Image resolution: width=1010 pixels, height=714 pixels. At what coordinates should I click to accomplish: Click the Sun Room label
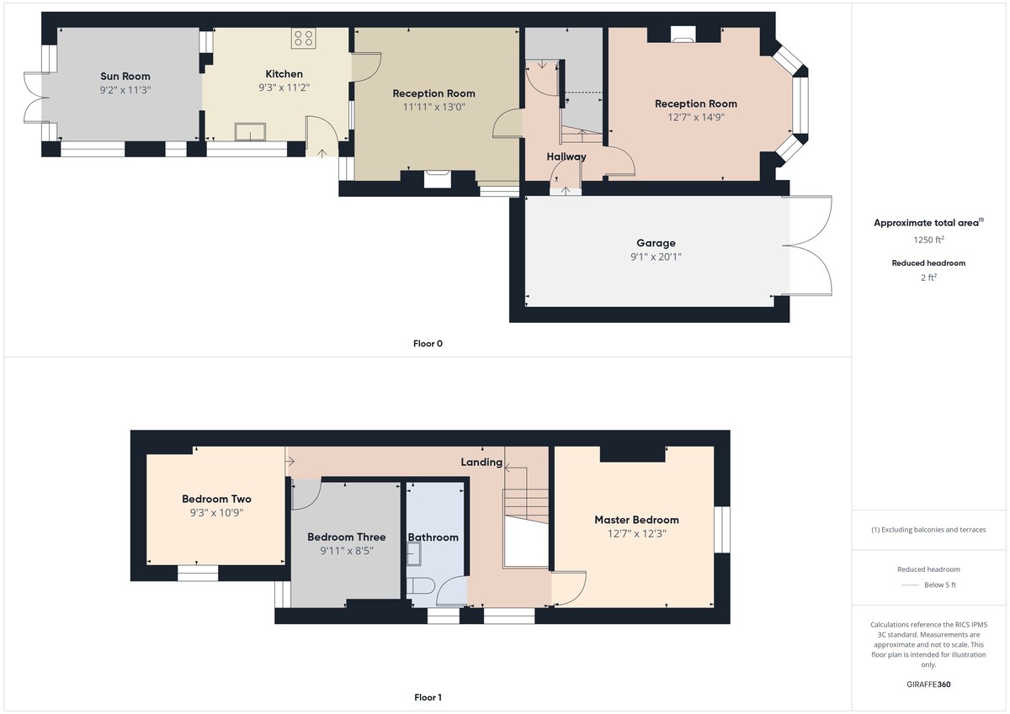tap(125, 77)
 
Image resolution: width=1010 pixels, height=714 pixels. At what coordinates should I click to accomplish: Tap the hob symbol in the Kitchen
tap(304, 38)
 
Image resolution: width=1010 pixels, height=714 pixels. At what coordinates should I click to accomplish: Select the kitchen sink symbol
tap(250, 131)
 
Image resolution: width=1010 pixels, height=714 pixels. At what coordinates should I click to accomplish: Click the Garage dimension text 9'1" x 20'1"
tap(656, 257)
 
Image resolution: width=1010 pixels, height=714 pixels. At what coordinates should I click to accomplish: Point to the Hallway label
tap(566, 156)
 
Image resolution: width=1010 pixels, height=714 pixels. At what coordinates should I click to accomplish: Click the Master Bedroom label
tap(636, 520)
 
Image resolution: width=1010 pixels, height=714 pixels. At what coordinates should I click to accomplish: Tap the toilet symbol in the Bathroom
tap(420, 586)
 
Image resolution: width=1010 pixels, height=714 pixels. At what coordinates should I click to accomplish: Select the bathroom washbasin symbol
tap(413, 553)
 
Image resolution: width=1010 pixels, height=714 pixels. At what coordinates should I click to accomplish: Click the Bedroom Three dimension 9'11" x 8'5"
tap(347, 551)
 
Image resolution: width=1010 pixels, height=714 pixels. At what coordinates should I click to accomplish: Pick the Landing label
tap(481, 463)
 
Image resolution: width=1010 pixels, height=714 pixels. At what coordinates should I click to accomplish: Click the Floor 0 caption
tap(428, 344)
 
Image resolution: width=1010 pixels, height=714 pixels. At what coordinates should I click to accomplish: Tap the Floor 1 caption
tap(428, 697)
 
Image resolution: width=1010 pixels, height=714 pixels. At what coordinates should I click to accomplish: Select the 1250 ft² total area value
tap(929, 239)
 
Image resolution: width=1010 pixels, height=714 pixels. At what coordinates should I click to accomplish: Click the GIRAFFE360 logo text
tap(928, 685)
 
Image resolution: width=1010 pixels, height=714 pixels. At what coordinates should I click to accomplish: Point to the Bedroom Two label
tap(216, 499)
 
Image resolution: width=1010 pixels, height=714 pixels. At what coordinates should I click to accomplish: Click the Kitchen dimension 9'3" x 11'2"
tap(284, 87)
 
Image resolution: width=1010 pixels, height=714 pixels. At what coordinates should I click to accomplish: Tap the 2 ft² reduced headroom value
tap(929, 278)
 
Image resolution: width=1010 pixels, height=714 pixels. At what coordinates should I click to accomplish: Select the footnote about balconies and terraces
tap(928, 530)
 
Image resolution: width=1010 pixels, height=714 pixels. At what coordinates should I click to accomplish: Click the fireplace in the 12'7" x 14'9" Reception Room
tap(683, 34)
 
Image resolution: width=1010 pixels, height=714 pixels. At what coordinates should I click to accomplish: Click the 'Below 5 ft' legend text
tap(940, 584)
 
